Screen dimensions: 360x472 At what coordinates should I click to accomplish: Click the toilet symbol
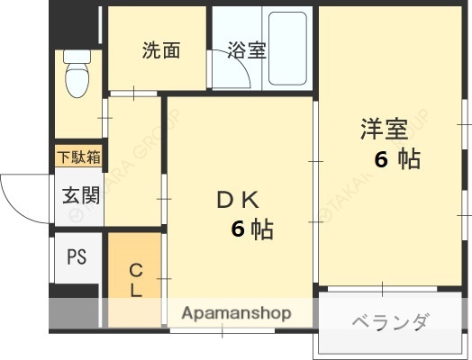click(x=78, y=76)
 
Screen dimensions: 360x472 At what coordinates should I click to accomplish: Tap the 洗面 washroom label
click(x=161, y=50)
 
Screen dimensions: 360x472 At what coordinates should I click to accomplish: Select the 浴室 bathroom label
click(x=246, y=50)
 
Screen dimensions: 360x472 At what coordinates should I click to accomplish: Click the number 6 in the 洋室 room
click(x=381, y=160)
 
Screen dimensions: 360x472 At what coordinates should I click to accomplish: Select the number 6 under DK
click(x=238, y=229)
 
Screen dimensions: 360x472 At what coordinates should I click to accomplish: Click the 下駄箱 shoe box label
click(x=79, y=157)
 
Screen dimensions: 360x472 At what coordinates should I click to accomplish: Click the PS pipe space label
click(x=77, y=256)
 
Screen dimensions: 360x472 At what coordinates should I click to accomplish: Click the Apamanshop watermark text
click(x=237, y=313)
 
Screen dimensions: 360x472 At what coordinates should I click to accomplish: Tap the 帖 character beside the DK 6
click(x=262, y=229)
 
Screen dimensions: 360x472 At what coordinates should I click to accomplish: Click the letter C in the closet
click(x=135, y=269)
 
